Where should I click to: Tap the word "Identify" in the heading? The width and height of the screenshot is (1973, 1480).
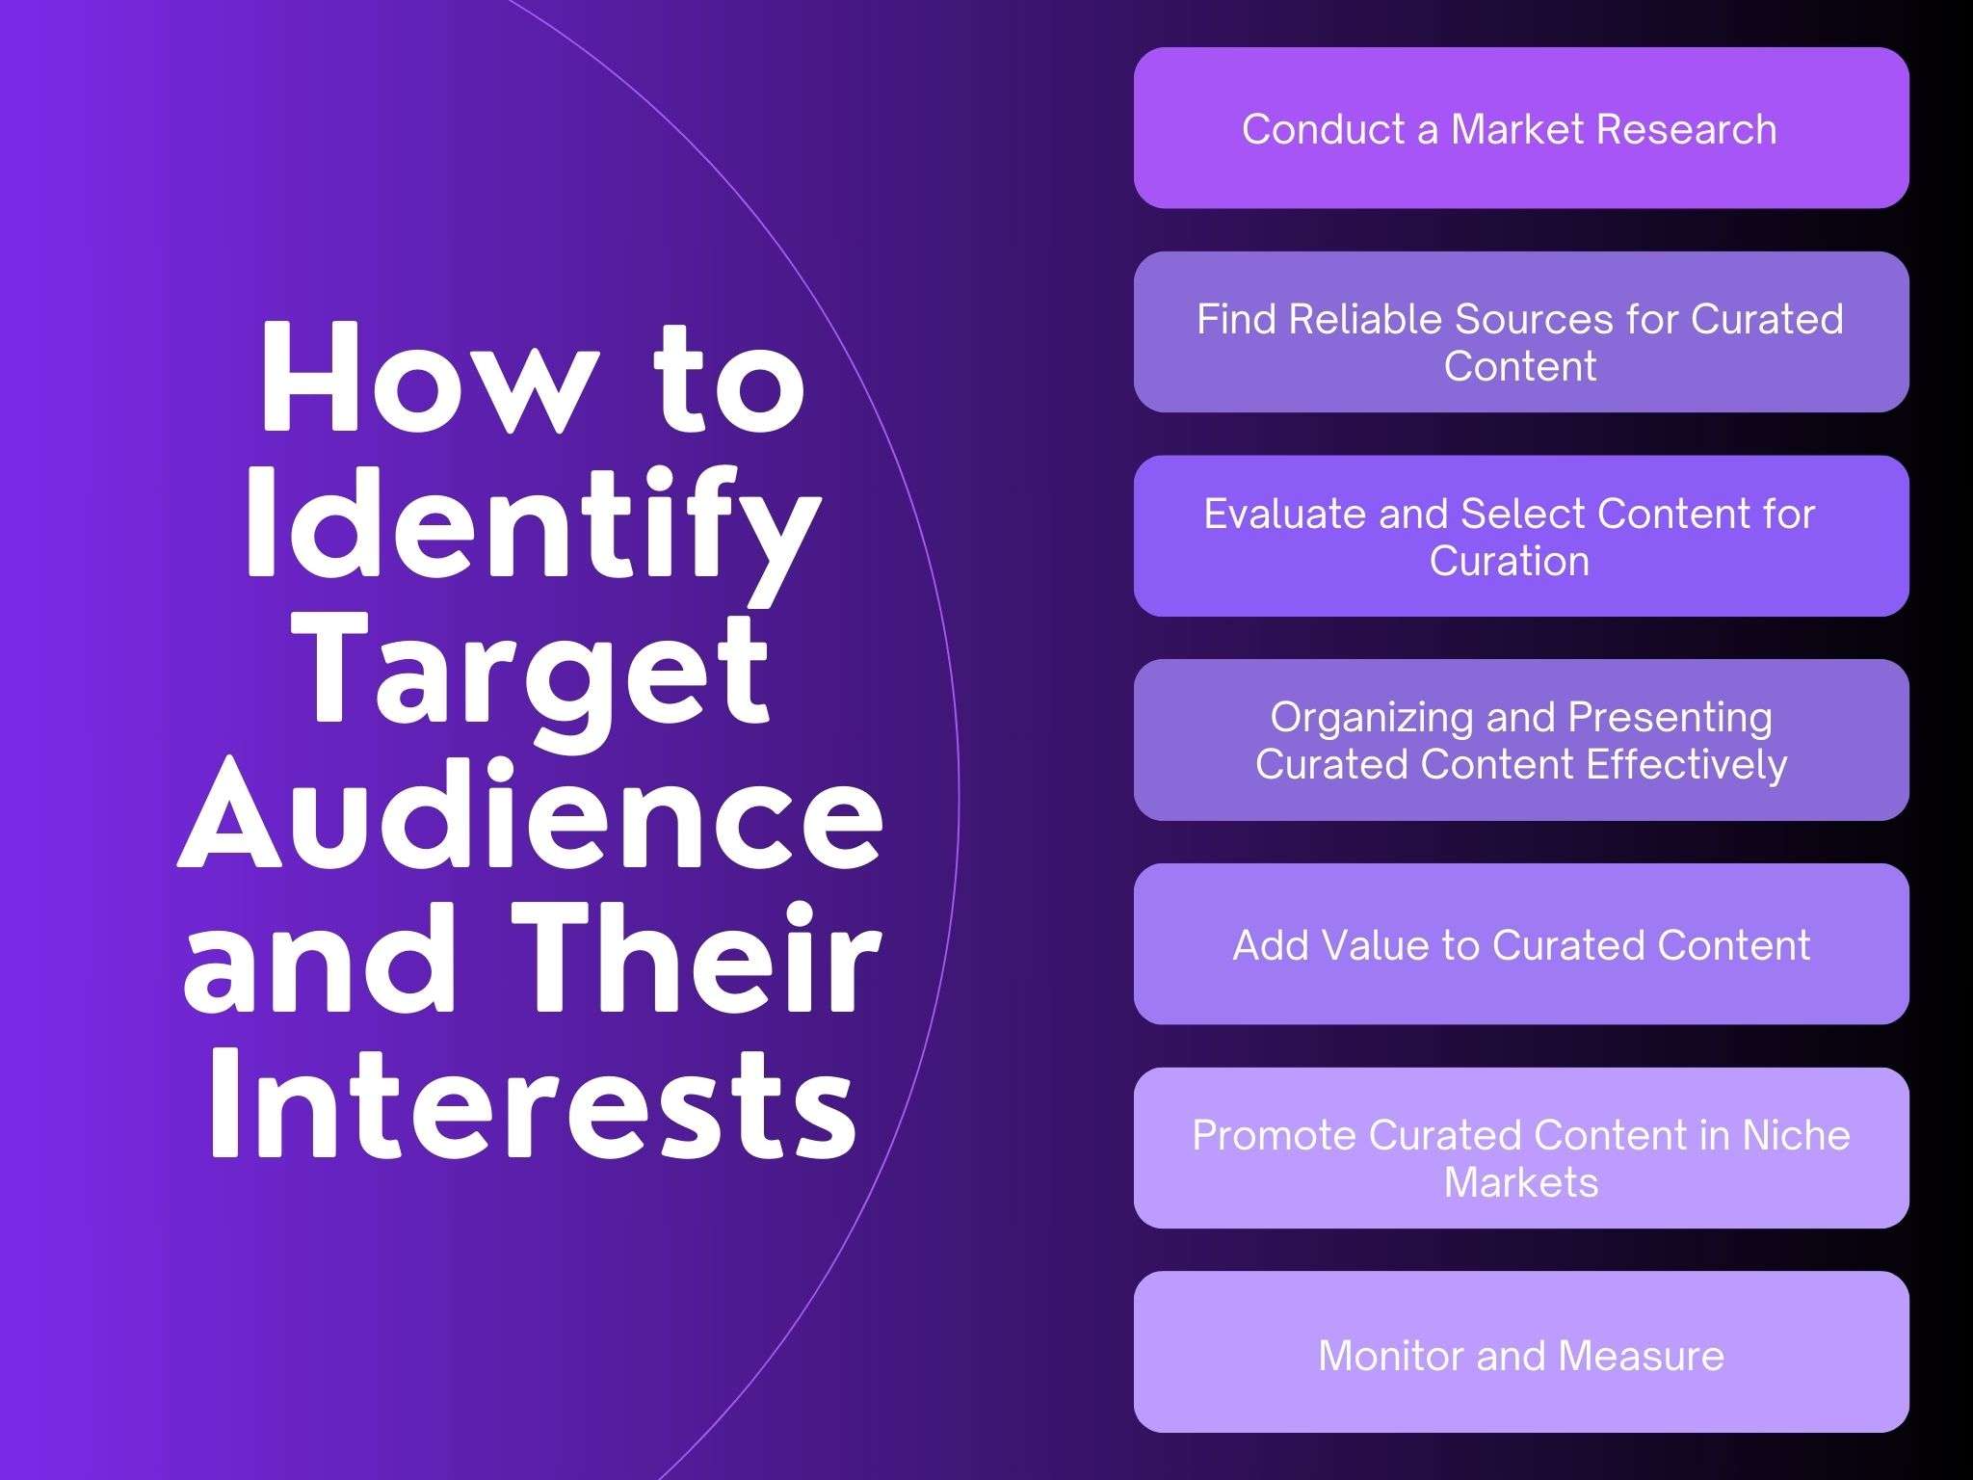click(533, 525)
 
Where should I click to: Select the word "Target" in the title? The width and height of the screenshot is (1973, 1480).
click(537, 670)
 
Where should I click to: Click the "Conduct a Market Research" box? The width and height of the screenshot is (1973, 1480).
click(1521, 128)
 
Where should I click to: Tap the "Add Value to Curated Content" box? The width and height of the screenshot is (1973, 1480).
click(1521, 944)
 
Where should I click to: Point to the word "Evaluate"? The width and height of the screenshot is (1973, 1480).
click(1285, 514)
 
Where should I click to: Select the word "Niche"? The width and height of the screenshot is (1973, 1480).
click(1796, 1135)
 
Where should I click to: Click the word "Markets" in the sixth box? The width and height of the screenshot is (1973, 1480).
click(1521, 1182)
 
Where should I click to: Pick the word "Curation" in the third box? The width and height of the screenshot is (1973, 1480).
click(1510, 561)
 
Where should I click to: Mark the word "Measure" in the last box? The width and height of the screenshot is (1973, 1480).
click(1641, 1356)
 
